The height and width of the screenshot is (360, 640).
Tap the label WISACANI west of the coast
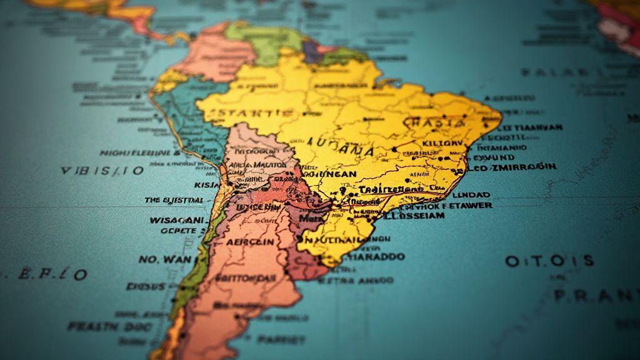(177, 220)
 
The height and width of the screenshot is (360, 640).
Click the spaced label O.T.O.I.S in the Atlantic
(549, 261)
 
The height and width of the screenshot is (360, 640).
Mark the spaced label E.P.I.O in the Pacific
(53, 274)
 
